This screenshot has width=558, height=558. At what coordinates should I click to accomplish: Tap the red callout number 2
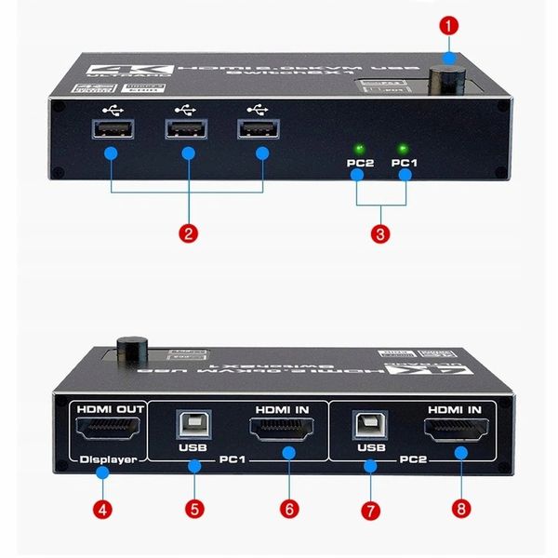(188, 233)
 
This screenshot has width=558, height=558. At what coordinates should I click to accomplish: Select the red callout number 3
(381, 233)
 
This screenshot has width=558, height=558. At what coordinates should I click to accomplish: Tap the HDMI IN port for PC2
(455, 430)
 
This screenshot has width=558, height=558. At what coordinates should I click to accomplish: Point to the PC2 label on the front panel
(359, 164)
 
